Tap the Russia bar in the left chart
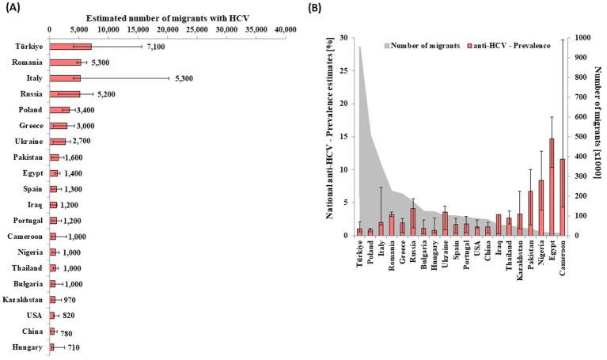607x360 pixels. point(65,93)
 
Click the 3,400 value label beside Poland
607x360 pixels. point(88,109)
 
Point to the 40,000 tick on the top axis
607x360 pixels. point(285,28)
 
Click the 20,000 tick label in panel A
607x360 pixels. point(167,28)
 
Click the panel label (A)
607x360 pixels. point(12,7)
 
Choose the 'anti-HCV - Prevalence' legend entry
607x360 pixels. point(503,44)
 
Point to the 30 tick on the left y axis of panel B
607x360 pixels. point(343,37)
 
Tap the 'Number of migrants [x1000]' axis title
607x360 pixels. point(601,135)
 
